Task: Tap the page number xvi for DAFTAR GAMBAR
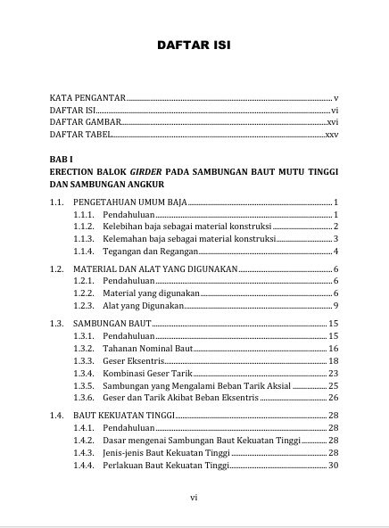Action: coord(332,121)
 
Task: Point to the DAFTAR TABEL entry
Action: coord(81,134)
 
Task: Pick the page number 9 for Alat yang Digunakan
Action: coord(335,306)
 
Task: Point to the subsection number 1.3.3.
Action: coord(84,360)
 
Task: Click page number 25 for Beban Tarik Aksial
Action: coord(333,385)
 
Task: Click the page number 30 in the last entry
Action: coord(333,465)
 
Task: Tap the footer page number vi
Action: coord(194,499)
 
